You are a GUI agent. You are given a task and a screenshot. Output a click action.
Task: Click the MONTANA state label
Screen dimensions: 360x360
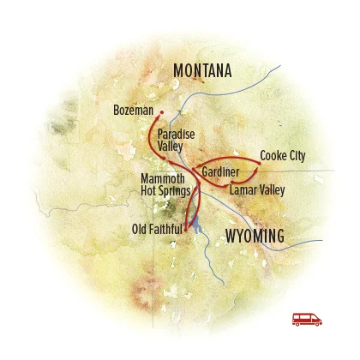pyautogui.click(x=202, y=71)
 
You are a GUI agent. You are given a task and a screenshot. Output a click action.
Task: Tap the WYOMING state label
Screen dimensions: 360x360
pyautogui.click(x=254, y=237)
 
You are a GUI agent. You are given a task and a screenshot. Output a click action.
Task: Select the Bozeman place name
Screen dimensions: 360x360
pyautogui.click(x=133, y=111)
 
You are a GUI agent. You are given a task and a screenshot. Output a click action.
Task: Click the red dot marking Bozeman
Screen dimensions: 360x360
pyautogui.click(x=161, y=110)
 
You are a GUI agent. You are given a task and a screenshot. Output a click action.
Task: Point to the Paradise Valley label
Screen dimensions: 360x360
pyautogui.click(x=175, y=141)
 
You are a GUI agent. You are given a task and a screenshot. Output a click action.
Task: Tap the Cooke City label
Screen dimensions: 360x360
pyautogui.click(x=282, y=156)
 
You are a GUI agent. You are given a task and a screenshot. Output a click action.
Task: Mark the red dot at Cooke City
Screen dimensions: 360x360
pyautogui.click(x=260, y=160)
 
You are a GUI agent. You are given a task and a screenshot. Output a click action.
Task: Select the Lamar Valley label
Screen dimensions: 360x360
pyautogui.click(x=257, y=189)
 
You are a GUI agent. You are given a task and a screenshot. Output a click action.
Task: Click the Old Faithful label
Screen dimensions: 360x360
pyautogui.click(x=157, y=229)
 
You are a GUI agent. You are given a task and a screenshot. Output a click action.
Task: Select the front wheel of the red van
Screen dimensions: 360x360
pyautogui.click(x=315, y=323)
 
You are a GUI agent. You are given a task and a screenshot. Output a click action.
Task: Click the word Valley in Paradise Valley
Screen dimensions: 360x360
pyautogui.click(x=171, y=147)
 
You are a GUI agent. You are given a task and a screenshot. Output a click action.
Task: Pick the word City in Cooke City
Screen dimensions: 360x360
pyautogui.click(x=295, y=156)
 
